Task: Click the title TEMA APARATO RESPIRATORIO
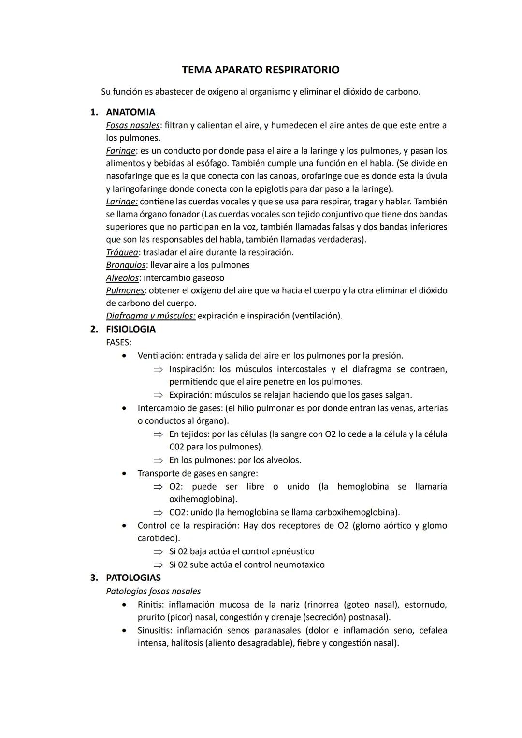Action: click(x=261, y=70)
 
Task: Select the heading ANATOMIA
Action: click(x=130, y=112)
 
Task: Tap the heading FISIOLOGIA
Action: click(x=130, y=329)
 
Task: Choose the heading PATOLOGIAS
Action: click(x=133, y=578)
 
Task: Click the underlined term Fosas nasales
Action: click(x=132, y=125)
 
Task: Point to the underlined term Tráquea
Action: click(x=122, y=252)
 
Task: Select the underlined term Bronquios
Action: click(x=125, y=265)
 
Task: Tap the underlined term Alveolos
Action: click(x=122, y=278)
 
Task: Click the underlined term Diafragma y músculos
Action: click(x=150, y=316)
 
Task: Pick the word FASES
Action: click(x=118, y=342)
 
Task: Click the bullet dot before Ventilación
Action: click(x=125, y=356)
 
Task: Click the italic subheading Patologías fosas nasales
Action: click(x=153, y=591)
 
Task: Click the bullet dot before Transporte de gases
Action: click(x=125, y=473)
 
